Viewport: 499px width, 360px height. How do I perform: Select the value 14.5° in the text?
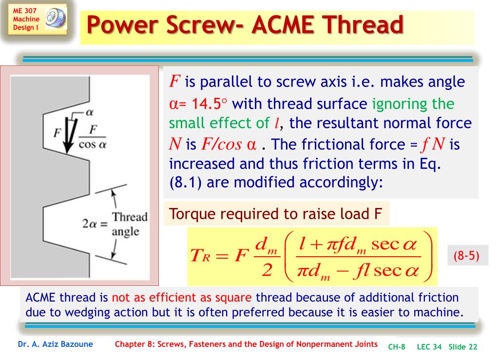click(208, 104)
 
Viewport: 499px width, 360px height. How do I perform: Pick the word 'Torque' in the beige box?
click(190, 214)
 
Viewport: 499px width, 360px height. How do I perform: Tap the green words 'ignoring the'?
click(413, 104)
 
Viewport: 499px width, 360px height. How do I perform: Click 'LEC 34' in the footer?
click(429, 347)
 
